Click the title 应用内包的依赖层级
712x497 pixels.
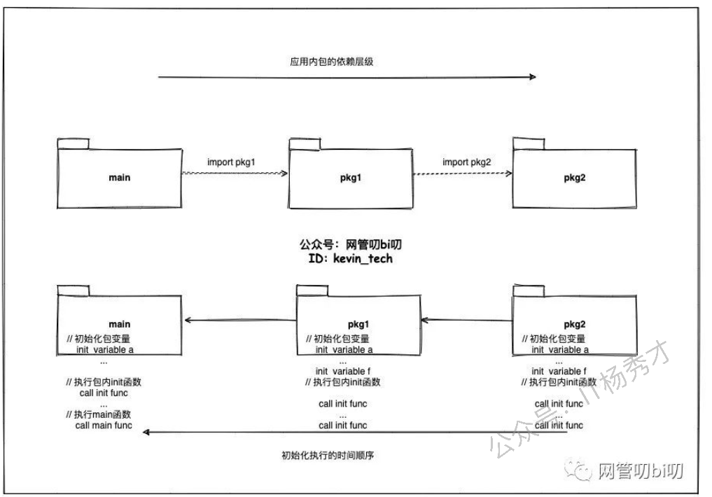(332, 62)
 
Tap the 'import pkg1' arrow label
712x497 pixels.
(231, 162)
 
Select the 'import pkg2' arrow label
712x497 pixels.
(466, 162)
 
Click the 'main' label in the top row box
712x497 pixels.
(120, 177)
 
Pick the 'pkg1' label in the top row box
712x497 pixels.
(349, 178)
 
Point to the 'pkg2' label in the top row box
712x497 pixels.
(574, 177)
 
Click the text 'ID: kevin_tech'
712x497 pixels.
(351, 258)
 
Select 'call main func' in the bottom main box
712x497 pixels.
(103, 425)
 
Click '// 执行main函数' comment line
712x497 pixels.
(98, 414)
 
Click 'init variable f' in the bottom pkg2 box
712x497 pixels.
(559, 371)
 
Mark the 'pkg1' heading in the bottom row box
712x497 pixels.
(358, 325)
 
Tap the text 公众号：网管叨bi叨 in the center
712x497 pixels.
(350, 245)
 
